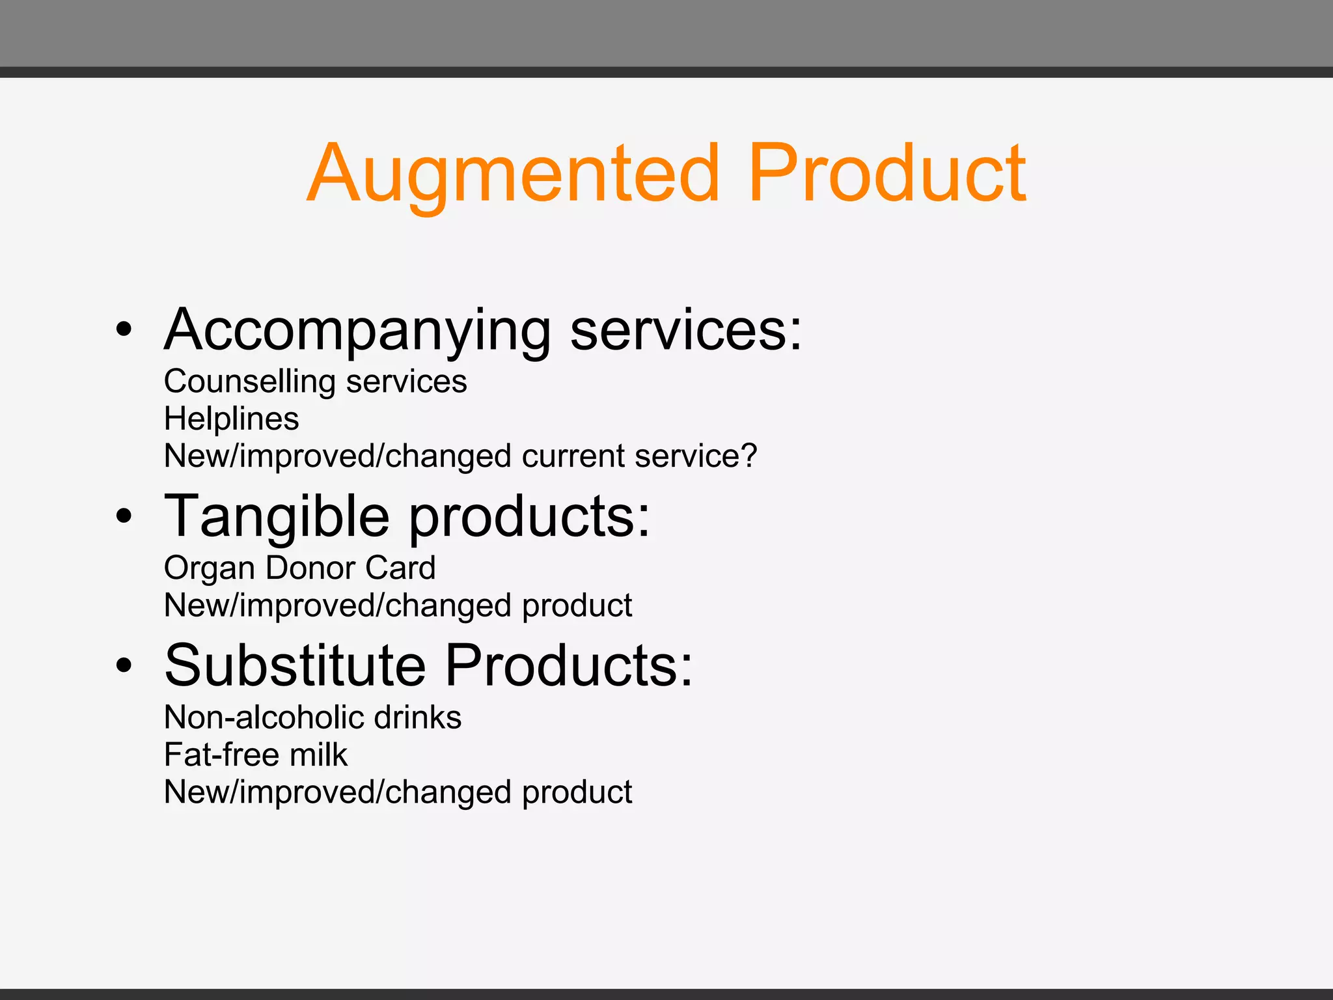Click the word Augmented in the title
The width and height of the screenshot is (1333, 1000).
click(x=514, y=174)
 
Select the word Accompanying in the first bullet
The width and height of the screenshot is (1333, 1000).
click(x=357, y=331)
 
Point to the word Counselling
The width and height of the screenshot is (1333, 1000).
click(x=249, y=382)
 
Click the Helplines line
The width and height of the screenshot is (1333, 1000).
click(x=231, y=419)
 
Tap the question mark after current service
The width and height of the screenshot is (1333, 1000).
click(x=749, y=456)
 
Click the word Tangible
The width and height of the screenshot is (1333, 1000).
click(x=277, y=516)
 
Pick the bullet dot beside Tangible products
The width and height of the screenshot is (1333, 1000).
click(x=124, y=517)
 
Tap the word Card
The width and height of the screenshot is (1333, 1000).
click(x=400, y=568)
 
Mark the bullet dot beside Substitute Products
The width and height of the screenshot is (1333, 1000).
click(x=124, y=666)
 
